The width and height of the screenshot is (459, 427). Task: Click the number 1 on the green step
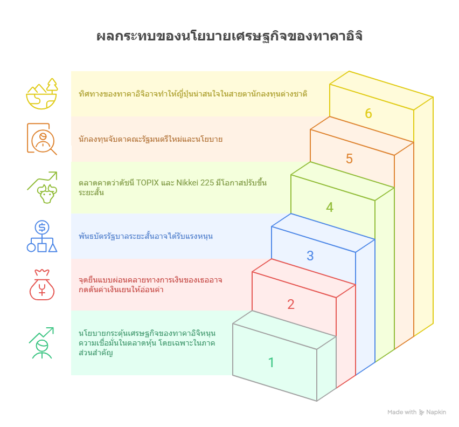[272, 363]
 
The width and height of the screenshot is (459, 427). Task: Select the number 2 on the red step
[291, 305]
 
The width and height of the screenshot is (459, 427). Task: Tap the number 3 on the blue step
[310, 256]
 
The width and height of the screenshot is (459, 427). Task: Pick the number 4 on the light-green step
[330, 207]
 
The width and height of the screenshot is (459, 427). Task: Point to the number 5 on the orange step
[349, 159]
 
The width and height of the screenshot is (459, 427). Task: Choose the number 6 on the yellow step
[368, 114]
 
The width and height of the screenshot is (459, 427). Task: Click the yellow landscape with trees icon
[42, 94]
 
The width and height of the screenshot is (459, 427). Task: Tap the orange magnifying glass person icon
[42, 139]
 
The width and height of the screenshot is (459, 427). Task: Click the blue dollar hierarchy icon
[42, 236]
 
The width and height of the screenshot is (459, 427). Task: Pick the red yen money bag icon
[42, 284]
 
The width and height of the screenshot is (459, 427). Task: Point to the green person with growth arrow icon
[42, 343]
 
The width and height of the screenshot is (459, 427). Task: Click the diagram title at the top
[229, 37]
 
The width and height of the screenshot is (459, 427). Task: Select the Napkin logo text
[436, 412]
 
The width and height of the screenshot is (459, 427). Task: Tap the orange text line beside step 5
[150, 139]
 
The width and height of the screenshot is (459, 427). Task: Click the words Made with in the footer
[401, 412]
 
